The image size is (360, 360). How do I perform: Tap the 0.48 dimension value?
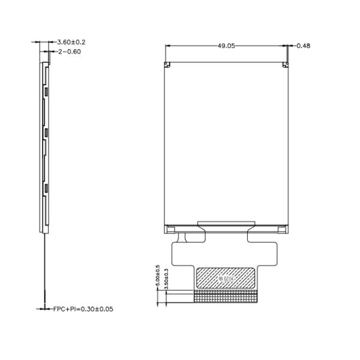(303, 46)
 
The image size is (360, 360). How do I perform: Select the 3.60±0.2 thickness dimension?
(71, 42)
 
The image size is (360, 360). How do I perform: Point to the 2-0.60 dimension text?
(70, 52)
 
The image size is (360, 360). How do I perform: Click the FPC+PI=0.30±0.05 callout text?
(83, 309)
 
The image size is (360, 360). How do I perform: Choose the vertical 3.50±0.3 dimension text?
(166, 280)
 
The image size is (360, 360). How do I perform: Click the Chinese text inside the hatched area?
(226, 278)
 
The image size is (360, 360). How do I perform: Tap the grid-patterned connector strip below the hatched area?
(226, 296)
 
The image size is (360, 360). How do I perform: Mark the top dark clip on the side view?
(46, 91)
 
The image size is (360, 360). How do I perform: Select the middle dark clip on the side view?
(46, 131)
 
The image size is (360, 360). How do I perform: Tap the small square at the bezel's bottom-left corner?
(170, 228)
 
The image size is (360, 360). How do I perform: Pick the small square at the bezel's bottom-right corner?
(281, 228)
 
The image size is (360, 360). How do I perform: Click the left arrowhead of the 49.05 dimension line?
(166, 45)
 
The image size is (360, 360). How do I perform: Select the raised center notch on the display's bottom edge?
(226, 223)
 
